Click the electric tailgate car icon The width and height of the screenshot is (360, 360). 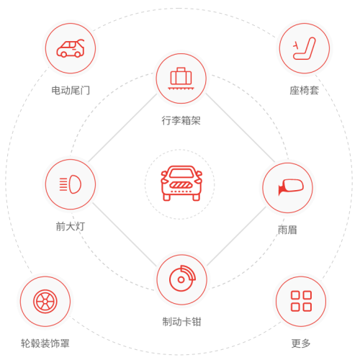coord(71,48)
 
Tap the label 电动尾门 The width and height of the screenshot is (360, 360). coord(71,91)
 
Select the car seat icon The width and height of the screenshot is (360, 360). coord(305,48)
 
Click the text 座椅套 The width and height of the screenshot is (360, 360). coord(304,91)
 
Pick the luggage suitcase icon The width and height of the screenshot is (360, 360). coord(181,78)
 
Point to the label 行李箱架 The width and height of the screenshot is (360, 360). coord(181,120)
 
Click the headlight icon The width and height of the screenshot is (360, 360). coord(71,184)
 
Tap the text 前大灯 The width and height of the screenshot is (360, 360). coord(71,226)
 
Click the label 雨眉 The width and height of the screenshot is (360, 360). coord(287,230)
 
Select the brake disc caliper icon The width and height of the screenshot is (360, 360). coord(182,279)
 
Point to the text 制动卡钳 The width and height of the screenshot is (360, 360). coord(181,322)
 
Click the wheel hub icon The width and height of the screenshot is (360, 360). coord(45,302)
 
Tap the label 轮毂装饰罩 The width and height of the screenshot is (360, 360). coord(45,343)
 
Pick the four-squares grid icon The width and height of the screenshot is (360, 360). coord(301,301)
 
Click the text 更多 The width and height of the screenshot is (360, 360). coord(301,343)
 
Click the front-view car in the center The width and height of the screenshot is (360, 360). coord(181,183)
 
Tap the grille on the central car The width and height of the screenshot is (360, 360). coord(181,185)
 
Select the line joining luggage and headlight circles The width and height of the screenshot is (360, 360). coord(122,128)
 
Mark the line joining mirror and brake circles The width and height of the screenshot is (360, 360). coord(237,236)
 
